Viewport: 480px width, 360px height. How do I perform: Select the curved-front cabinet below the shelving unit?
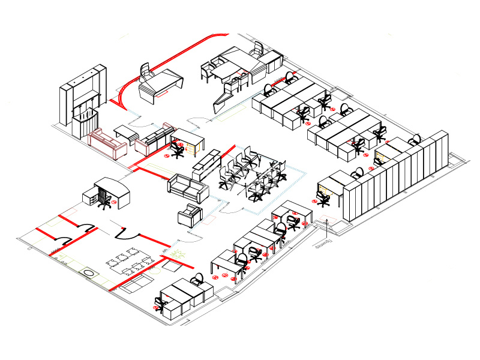click(85, 122)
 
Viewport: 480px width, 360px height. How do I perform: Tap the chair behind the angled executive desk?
click(146, 71)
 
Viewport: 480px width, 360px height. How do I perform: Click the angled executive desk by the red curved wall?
click(160, 85)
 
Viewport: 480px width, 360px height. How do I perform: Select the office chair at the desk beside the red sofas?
click(177, 149)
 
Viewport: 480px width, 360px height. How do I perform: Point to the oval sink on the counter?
click(89, 273)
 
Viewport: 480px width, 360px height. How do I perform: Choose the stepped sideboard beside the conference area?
click(207, 163)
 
